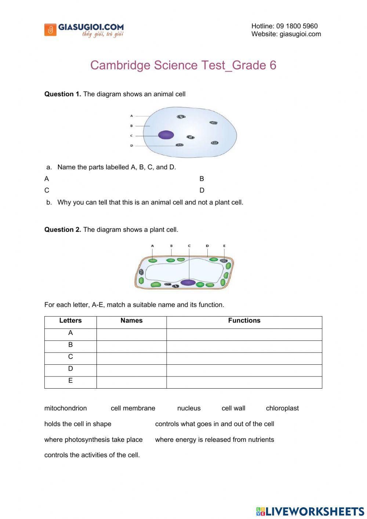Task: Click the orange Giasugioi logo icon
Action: [x=50, y=30]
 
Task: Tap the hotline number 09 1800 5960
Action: [x=297, y=26]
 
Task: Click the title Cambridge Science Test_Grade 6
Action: [x=183, y=65]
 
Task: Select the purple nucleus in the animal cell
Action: [x=166, y=135]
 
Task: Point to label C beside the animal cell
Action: [x=131, y=136]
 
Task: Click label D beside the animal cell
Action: [x=131, y=146]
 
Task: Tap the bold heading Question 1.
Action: [x=62, y=94]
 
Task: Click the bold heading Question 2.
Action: [x=62, y=230]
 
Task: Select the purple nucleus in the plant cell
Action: [x=188, y=282]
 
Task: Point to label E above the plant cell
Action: [x=224, y=246]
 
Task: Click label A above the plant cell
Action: [x=152, y=246]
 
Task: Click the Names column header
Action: [x=131, y=321]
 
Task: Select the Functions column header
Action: [x=244, y=321]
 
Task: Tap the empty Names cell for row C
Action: [x=131, y=358]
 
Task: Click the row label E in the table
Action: [x=70, y=381]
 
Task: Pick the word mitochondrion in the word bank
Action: [x=66, y=408]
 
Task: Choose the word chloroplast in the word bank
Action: [x=282, y=408]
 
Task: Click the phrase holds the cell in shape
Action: [x=78, y=424]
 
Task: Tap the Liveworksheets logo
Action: [x=310, y=511]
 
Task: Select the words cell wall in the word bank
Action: [x=233, y=408]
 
